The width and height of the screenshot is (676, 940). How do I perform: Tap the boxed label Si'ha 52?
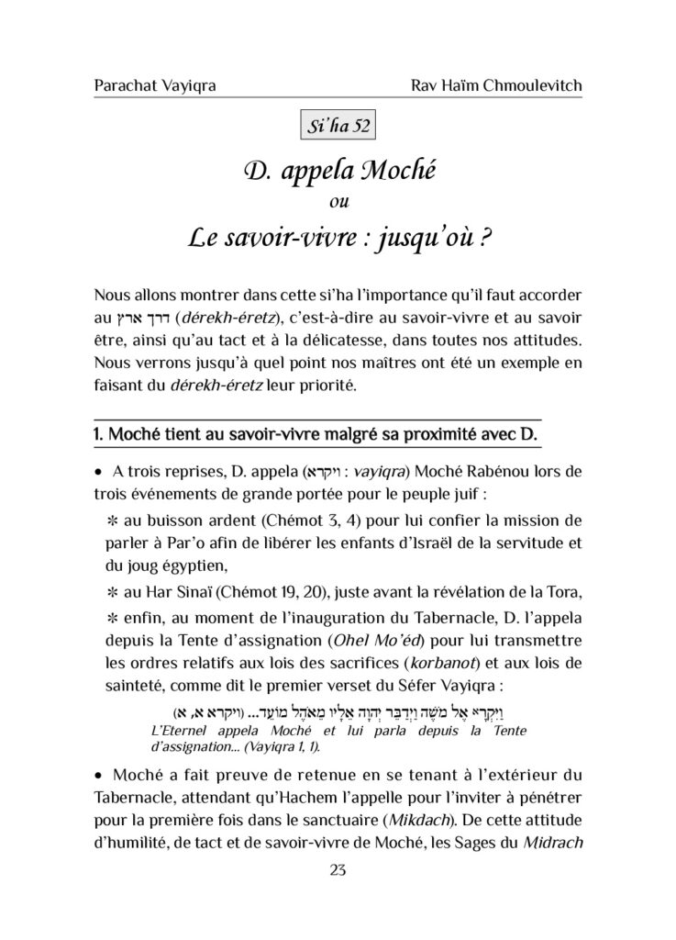pyautogui.click(x=338, y=126)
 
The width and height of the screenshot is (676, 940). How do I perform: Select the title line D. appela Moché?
pyautogui.click(x=338, y=170)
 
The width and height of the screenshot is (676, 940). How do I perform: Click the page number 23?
pyautogui.click(x=338, y=871)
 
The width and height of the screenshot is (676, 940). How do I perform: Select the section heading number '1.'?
pyautogui.click(x=100, y=432)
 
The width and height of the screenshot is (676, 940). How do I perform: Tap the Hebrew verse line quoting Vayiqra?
pyautogui.click(x=338, y=710)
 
